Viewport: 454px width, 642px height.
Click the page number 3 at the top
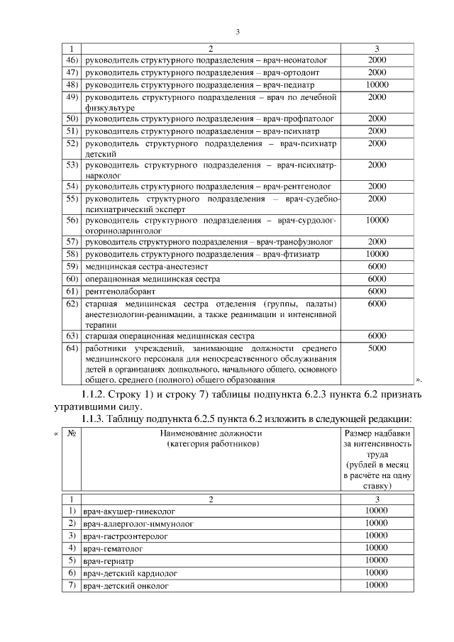click(x=238, y=31)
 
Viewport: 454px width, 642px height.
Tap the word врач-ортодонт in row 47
click(x=299, y=72)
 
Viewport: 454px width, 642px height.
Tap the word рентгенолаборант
click(x=121, y=292)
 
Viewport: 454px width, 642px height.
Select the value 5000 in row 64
click(x=377, y=348)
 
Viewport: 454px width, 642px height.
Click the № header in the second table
click(x=71, y=433)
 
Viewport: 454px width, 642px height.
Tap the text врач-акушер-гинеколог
click(x=129, y=511)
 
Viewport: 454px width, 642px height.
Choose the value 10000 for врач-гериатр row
click(x=376, y=560)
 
